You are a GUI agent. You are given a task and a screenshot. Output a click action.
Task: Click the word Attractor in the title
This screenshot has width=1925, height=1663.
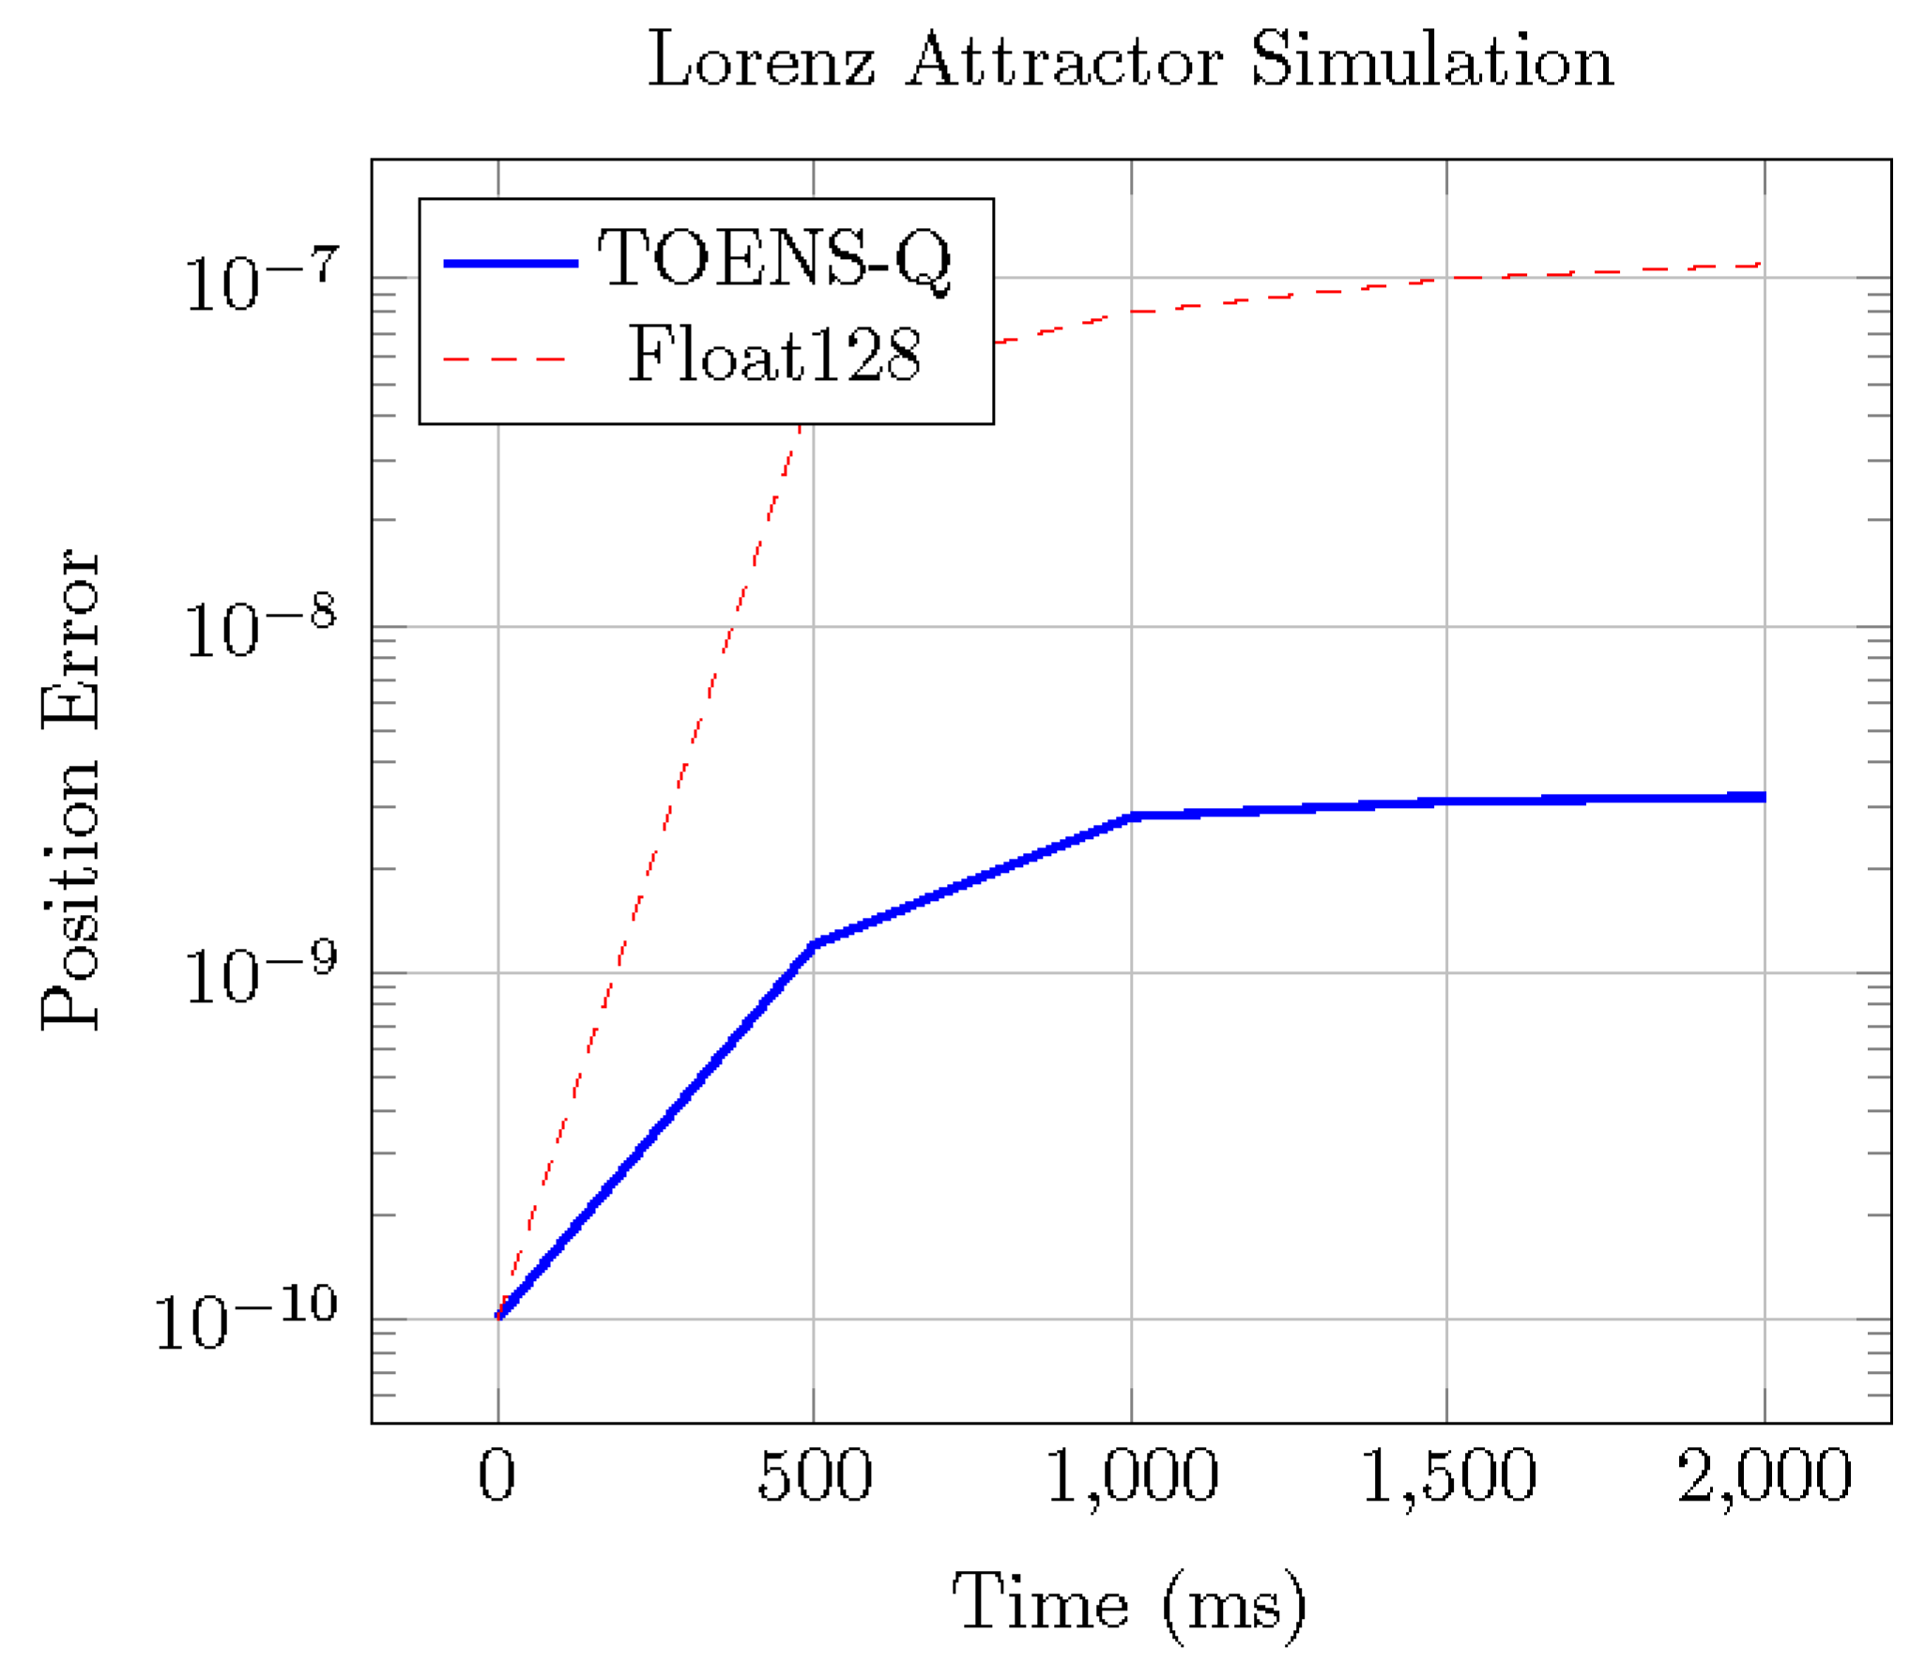(x=1063, y=61)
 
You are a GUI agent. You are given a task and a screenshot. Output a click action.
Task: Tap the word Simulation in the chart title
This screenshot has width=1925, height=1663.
(x=1431, y=61)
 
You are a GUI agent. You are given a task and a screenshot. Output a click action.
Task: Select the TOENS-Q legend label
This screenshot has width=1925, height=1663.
(x=774, y=259)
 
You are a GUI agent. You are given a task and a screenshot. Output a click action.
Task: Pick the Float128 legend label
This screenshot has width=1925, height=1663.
(x=774, y=356)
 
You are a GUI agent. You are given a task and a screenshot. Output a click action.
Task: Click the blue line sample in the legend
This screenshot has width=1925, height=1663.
(x=511, y=264)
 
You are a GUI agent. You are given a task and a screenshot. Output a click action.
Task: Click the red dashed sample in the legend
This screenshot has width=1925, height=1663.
(x=506, y=359)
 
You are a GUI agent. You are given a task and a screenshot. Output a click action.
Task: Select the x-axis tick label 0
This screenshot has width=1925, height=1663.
(x=497, y=1475)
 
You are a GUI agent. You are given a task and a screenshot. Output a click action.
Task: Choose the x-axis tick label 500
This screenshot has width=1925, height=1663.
(x=814, y=1475)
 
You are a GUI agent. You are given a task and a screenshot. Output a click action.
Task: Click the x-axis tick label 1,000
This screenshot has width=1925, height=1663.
(x=1131, y=1475)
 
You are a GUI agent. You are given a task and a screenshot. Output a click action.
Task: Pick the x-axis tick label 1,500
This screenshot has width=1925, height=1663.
(x=1447, y=1475)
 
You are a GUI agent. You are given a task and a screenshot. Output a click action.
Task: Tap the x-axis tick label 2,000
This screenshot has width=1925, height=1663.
(x=1764, y=1475)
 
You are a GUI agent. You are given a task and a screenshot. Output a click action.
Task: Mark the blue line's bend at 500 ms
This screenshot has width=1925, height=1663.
(x=815, y=942)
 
